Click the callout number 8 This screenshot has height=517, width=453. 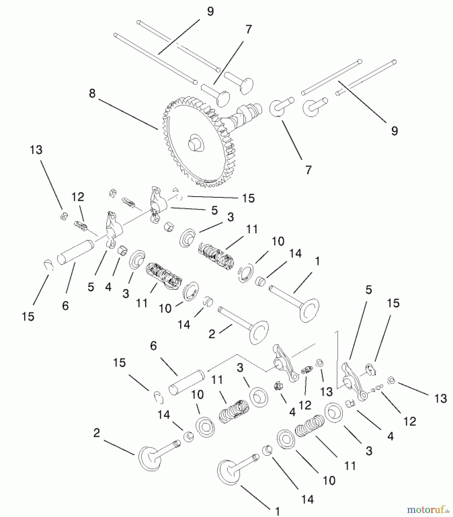click(x=92, y=94)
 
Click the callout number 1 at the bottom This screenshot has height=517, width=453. click(x=277, y=511)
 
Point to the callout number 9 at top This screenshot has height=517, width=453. click(x=210, y=12)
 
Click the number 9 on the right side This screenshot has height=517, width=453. click(x=394, y=131)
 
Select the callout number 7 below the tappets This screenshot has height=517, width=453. click(x=308, y=170)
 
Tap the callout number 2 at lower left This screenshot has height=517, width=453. click(x=97, y=433)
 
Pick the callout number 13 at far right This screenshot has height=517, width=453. click(x=441, y=398)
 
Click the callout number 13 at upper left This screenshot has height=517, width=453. click(x=36, y=150)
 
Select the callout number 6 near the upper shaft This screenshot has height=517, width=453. click(x=65, y=306)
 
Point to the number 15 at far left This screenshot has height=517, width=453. click(x=28, y=317)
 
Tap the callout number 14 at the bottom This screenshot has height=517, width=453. click(x=307, y=499)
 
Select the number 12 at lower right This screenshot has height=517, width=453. click(x=410, y=421)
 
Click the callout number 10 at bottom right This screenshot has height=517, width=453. click(x=329, y=480)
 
